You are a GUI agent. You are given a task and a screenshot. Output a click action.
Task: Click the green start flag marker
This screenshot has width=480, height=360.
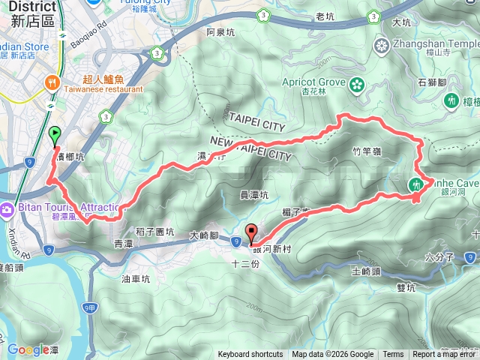pyautogui.click(x=54, y=135)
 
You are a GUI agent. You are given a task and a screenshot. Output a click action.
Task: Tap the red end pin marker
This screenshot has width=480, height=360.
pyautogui.click(x=250, y=233)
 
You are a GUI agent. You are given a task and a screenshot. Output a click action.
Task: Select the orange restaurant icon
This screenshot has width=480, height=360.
pyautogui.click(x=53, y=82)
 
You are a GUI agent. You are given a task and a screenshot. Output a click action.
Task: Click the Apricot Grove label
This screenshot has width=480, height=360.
pyautogui.click(x=313, y=82)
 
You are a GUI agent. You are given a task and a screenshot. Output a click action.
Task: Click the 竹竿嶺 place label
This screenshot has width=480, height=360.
pyautogui.click(x=367, y=151)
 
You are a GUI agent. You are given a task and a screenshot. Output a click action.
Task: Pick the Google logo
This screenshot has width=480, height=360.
pyautogui.click(x=28, y=349)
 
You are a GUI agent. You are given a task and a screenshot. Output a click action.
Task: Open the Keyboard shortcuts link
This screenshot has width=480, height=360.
pyautogui.click(x=250, y=355)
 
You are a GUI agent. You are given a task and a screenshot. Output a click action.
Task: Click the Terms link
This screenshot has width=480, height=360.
pyautogui.click(x=393, y=355)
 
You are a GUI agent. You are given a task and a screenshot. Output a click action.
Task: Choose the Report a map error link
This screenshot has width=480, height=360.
pyautogui.click(x=445, y=355)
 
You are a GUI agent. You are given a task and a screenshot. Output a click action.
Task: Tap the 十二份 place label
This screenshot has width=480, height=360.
pyautogui.click(x=245, y=264)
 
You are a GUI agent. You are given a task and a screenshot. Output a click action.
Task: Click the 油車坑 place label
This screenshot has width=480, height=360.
pyautogui.click(x=135, y=278)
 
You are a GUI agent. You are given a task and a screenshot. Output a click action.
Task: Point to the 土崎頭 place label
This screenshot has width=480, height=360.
pyautogui.click(x=366, y=271)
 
